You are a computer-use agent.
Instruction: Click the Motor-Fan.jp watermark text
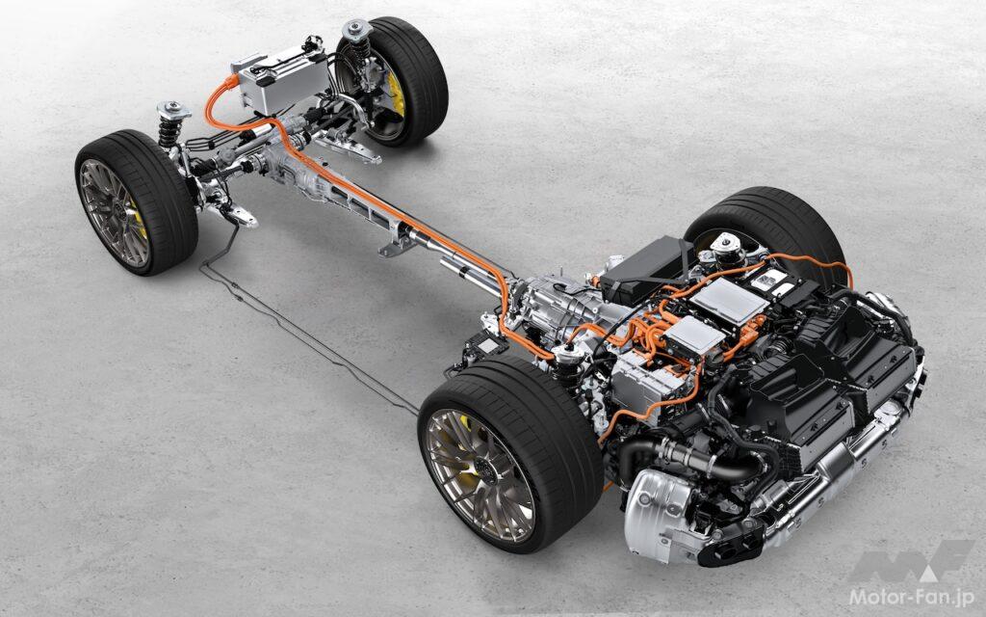coord(911,596)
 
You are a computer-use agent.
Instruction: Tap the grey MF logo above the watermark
coord(911,560)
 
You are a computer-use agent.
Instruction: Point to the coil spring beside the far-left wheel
coord(169,132)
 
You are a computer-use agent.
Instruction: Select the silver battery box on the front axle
coord(281,81)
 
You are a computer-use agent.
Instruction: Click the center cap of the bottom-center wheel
coord(483,469)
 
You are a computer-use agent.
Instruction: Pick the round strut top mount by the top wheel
coord(357,30)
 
